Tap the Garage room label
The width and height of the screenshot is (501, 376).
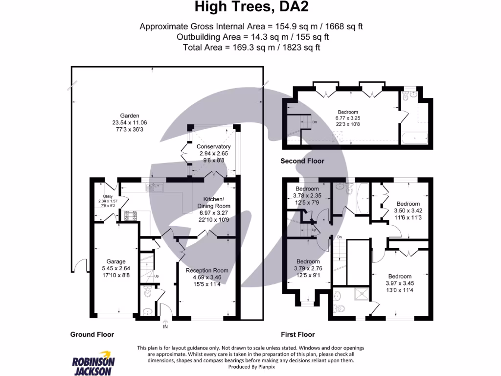[114, 261]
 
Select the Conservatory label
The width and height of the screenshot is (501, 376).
[213, 146]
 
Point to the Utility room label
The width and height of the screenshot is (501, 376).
[105, 197]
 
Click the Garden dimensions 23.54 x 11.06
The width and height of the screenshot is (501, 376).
[130, 123]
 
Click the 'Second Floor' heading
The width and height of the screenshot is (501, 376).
[302, 161]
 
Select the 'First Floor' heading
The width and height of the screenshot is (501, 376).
[297, 334]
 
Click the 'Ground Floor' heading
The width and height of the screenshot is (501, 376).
[91, 334]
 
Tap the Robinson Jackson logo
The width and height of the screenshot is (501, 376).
[93, 362]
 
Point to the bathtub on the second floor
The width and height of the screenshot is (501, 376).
[414, 138]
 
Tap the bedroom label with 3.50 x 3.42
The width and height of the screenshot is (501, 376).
[408, 204]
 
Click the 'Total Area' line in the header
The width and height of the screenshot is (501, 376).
[251, 47]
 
